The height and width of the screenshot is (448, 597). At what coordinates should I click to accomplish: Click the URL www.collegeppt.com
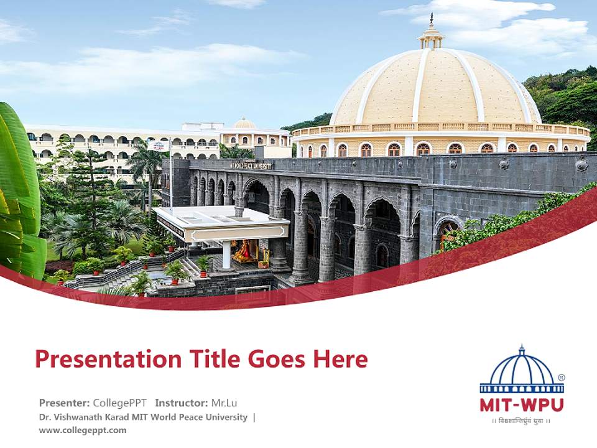point(83,430)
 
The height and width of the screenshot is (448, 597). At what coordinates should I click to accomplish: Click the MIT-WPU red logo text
point(521,404)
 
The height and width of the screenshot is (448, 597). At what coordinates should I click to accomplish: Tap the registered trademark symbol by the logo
point(561,377)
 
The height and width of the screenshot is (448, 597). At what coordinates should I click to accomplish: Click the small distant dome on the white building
point(244,123)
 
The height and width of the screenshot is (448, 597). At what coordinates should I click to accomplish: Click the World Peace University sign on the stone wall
point(251,166)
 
